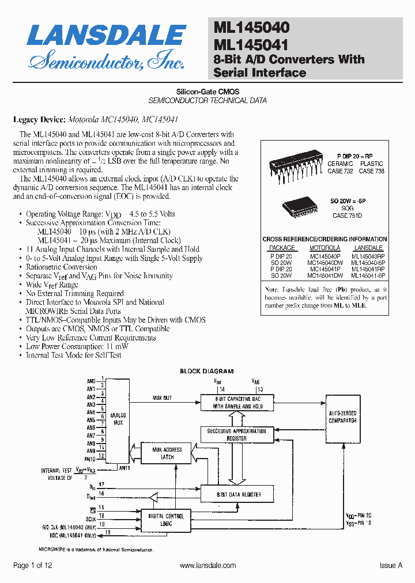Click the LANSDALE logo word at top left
point(106,36)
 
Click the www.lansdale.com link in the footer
point(207,566)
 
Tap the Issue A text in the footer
point(391,566)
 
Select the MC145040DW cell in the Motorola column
point(325,262)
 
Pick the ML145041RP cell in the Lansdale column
point(368,269)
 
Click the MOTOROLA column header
point(325,248)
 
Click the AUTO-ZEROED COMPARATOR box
point(342,417)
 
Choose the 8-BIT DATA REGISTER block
point(239,494)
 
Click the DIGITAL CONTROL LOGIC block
point(167,520)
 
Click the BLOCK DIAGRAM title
point(207,372)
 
